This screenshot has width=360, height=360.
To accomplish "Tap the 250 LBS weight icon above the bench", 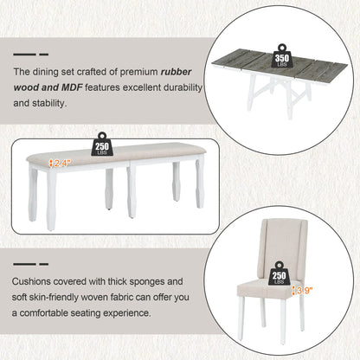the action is tap(102, 144).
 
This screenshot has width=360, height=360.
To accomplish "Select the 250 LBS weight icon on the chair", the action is tap(279, 273).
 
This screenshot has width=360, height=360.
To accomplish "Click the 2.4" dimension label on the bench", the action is tap(62, 164).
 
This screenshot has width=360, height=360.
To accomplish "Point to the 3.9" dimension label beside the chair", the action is tap(305, 291).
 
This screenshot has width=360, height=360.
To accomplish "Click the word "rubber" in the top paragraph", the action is tap(176, 72).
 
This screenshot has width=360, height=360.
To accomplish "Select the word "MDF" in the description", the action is tap(72, 87).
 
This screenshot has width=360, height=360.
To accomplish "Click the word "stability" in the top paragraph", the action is tap(48, 103).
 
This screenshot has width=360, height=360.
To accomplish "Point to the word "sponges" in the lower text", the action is tap(147, 282).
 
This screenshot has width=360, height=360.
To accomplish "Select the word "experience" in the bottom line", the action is tap(127, 313).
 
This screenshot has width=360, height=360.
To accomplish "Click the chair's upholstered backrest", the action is tap(284, 249).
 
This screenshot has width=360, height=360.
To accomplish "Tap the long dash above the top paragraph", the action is tap(24, 55).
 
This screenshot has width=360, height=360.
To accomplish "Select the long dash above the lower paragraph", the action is tap(24, 264).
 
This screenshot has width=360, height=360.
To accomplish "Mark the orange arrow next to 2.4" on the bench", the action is tap(51, 164).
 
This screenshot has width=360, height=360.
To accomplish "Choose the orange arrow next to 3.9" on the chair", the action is tap(293, 291).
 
